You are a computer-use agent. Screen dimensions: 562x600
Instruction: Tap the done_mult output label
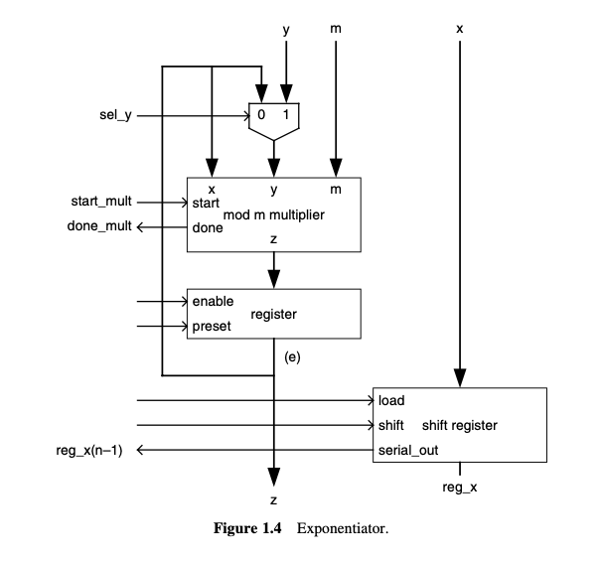(x=99, y=227)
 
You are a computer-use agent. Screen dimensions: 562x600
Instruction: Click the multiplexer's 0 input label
(x=260, y=115)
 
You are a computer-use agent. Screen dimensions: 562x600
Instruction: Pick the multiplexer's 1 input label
(x=286, y=115)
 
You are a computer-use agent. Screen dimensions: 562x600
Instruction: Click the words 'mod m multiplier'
(x=275, y=213)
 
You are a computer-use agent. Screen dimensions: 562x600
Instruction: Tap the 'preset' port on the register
(x=212, y=326)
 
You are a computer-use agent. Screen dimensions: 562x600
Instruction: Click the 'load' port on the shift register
(x=390, y=401)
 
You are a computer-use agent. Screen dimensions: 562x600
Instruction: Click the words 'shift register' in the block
(x=459, y=426)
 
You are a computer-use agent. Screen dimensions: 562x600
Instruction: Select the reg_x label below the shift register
(x=459, y=487)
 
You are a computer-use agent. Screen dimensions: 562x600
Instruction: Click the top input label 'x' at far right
(x=459, y=30)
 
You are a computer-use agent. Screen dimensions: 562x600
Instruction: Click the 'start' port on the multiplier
(x=206, y=202)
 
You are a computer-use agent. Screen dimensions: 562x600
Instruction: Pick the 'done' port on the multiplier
(x=207, y=227)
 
